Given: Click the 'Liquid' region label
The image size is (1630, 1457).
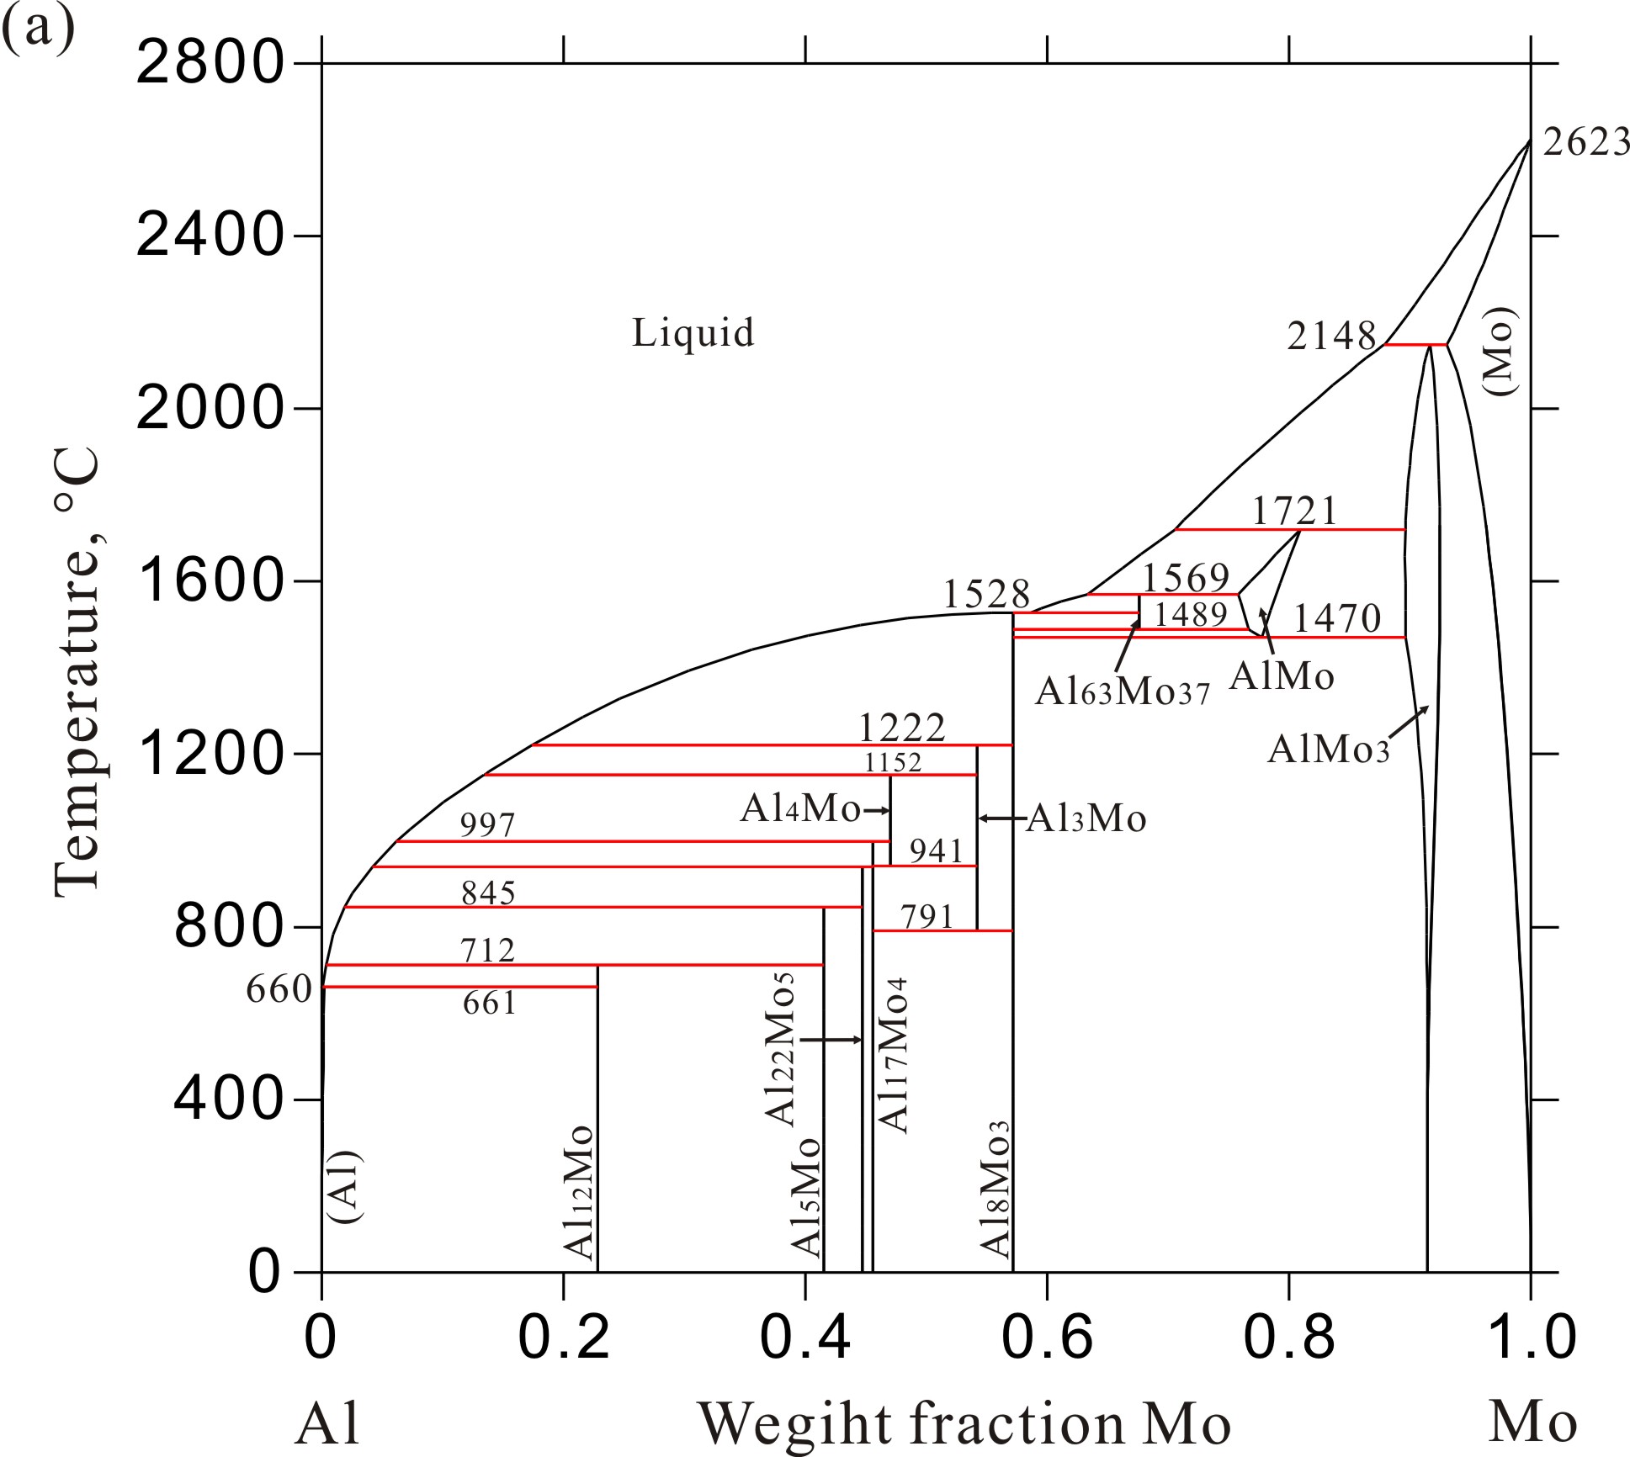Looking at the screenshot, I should (x=693, y=333).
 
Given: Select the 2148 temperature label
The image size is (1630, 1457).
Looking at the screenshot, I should (x=1331, y=336).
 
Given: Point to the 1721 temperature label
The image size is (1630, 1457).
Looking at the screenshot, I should (x=1294, y=511).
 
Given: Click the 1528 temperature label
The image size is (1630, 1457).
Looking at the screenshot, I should (x=986, y=595).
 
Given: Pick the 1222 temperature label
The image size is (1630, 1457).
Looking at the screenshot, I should (x=902, y=727).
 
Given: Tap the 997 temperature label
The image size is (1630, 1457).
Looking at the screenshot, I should (x=487, y=825).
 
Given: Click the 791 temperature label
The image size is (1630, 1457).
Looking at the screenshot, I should (x=927, y=916).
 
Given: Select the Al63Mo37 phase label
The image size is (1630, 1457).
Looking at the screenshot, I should (x=1122, y=692).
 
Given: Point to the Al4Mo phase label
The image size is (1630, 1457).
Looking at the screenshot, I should (x=800, y=809).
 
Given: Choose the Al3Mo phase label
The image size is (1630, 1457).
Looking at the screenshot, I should (x=1086, y=818).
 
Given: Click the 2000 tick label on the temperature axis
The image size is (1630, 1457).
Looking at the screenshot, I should (x=207, y=409).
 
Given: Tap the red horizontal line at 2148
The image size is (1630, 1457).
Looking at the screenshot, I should (x=1415, y=345).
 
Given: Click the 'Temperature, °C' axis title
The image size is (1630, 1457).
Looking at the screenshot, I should (x=77, y=673).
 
